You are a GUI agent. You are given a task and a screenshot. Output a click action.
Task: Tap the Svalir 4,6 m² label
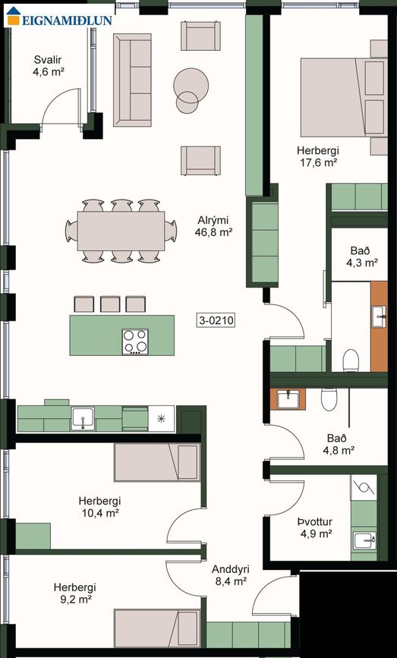coord(49,65)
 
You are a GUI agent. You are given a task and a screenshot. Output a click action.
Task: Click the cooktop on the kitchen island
coord(135,342)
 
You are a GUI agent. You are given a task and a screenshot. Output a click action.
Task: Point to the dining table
coord(121,231)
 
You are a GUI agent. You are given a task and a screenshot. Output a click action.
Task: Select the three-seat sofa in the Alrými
coord(132,80)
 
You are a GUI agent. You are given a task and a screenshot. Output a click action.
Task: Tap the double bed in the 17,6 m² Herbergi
coord(344,97)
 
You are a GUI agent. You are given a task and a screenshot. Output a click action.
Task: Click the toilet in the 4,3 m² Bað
coord(351,361)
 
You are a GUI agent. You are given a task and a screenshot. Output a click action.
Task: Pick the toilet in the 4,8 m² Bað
coord(329,398)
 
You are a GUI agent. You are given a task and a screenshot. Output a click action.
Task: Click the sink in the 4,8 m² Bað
coord(288,398)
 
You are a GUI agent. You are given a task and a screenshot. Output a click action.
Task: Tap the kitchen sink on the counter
coord(83,418)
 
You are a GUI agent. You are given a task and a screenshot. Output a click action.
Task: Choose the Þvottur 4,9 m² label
coord(315,527)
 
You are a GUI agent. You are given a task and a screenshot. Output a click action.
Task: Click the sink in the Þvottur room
coord(364,540)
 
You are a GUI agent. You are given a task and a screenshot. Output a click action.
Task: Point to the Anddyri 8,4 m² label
coord(231,575)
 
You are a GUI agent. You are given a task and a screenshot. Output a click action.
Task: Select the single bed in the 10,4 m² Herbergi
coord(156,462)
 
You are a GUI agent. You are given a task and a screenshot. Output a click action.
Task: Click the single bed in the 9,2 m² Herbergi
coord(157,628)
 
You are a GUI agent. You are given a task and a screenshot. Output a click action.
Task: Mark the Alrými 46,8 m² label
coord(213,225)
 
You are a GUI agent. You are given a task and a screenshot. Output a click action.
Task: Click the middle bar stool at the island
coord(110,304)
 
